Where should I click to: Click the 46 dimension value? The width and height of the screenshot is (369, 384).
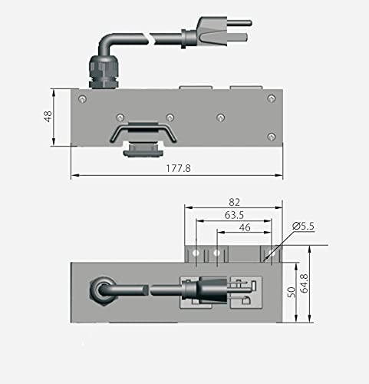pos(245,228)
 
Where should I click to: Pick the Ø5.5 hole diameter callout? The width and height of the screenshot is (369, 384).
pos(305,227)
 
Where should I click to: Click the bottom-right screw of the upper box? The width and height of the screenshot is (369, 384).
pos(270,137)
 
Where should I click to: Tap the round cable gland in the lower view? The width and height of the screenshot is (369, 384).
pos(101,291)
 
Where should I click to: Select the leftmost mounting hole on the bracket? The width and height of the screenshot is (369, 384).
pos(196,253)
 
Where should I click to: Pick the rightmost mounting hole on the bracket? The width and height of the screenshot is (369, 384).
pos(265,253)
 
